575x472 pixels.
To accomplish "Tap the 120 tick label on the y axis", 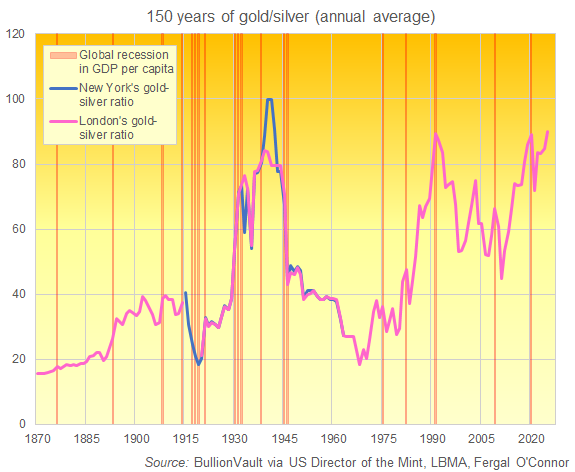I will pos(16,34).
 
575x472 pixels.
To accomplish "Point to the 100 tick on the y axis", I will pos(16,99).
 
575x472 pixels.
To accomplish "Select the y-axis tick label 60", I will pos(19,229).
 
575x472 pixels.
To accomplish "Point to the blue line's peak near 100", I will pos(269,99).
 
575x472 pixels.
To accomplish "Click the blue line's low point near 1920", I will pos(199,364).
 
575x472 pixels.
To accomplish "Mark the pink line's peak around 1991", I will pos(435,134).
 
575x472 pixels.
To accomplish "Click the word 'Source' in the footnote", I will pos(166,461).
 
